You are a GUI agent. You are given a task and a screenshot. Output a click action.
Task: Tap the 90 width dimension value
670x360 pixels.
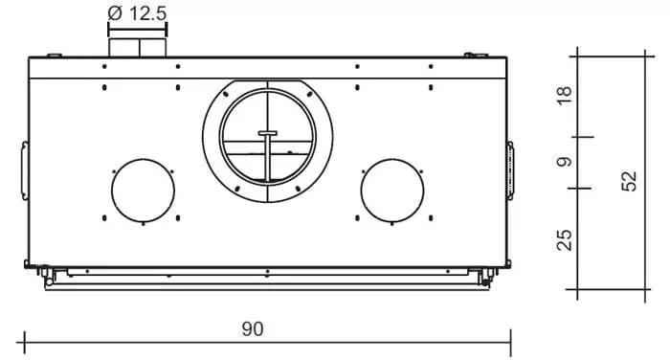click(252, 328)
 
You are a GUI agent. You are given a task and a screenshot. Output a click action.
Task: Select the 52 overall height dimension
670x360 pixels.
click(628, 182)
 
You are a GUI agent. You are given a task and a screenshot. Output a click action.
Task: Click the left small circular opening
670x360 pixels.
click(143, 191)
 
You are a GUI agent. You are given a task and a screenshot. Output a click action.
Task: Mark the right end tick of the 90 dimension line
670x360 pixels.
click(511, 338)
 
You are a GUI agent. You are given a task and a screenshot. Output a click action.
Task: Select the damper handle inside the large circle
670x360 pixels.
click(267, 132)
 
